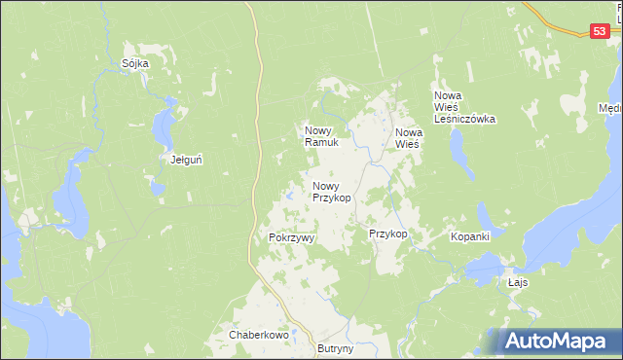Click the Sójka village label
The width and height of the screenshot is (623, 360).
(135, 63)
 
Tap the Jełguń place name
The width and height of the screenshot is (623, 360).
(186, 159)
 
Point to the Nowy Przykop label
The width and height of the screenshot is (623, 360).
(331, 191)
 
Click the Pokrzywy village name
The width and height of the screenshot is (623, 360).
(286, 237)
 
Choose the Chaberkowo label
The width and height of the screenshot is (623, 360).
(260, 335)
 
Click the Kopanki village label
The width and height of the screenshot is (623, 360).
(469, 236)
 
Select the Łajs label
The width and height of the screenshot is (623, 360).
(518, 282)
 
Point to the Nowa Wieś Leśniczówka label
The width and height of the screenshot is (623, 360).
(464, 107)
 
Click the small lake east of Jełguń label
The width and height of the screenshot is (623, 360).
(167, 122)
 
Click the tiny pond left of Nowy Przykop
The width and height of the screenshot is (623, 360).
(290, 199)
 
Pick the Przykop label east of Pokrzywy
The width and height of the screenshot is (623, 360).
(387, 234)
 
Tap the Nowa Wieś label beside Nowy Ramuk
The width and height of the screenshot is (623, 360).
(407, 137)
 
